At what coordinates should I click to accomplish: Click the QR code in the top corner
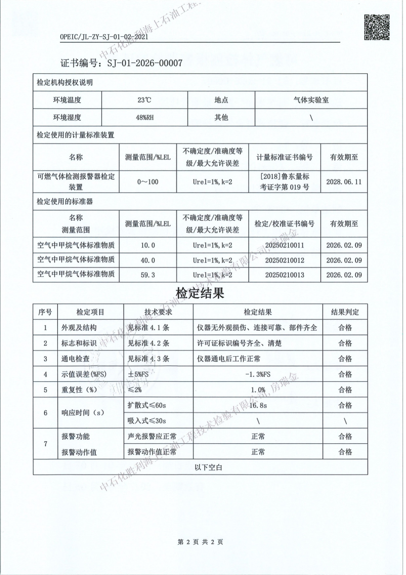point(376,27)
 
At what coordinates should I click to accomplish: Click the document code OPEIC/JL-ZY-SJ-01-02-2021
point(104,37)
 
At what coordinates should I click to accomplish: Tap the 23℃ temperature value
point(145,100)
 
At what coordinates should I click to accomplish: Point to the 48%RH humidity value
point(145,118)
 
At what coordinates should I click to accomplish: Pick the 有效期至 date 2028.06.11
point(344,182)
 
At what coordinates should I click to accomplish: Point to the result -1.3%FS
point(258,375)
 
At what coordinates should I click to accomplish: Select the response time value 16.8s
point(258,405)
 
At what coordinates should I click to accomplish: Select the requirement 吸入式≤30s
point(147,421)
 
